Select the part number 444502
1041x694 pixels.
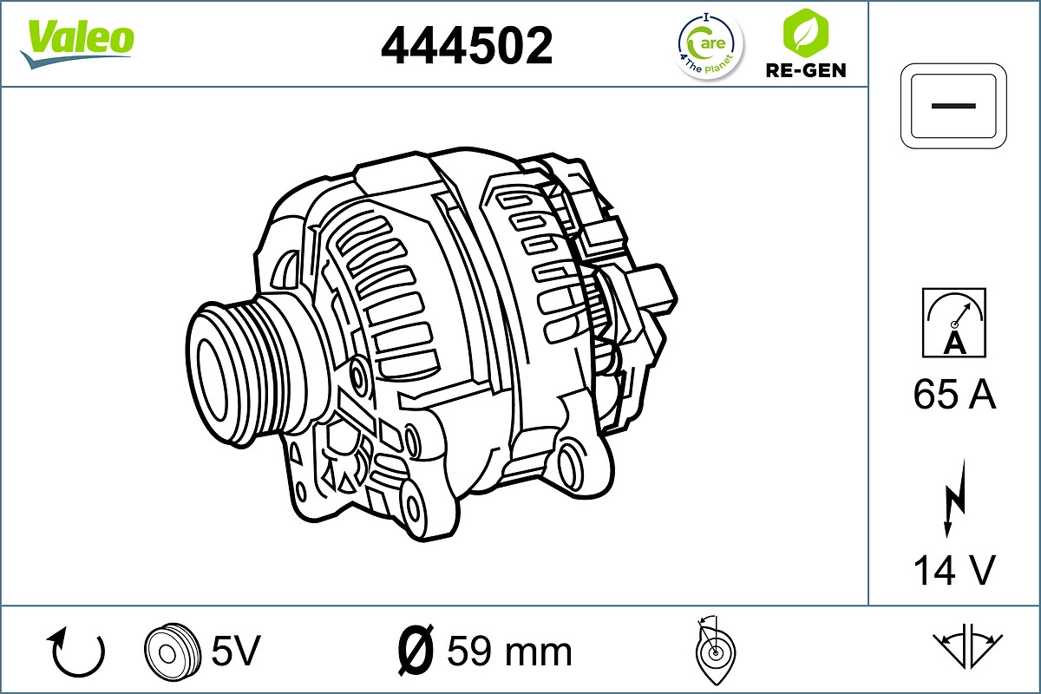pos(467,45)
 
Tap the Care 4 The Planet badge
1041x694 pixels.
pos(710,45)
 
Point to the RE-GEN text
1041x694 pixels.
pos(805,70)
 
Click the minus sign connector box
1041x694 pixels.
pos(954,105)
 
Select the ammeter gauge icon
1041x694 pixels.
pos(954,322)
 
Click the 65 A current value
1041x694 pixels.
pos(954,395)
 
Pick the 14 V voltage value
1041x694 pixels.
pos(954,570)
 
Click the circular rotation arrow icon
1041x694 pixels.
pos(78,652)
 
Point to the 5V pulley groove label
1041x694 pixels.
pos(236,650)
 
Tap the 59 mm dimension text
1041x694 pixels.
pos(509,651)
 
